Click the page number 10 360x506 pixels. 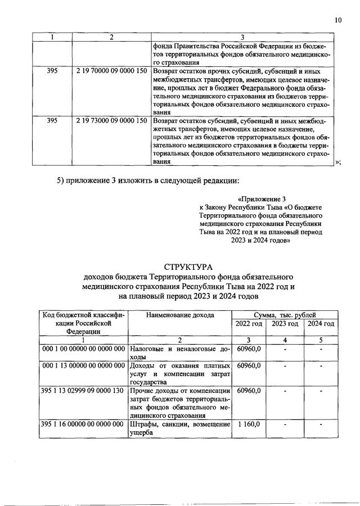[337, 20]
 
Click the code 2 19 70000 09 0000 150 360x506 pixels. [111, 73]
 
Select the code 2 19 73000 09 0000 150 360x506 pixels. [111, 120]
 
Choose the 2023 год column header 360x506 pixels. [285, 324]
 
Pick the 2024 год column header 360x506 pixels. [321, 324]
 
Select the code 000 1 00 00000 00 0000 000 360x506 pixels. [83, 350]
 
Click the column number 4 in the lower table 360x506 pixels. [285, 340]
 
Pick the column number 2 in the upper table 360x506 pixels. [111, 37]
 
